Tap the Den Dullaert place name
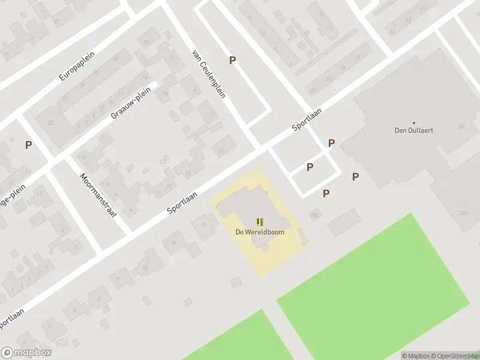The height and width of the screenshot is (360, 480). pyautogui.click(x=413, y=130)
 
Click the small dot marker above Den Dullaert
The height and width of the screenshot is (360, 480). pyautogui.click(x=413, y=122)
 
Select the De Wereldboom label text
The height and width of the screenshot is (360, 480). pyautogui.click(x=260, y=232)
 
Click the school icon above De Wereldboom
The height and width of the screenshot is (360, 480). pyautogui.click(x=260, y=222)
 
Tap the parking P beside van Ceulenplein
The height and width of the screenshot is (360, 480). pyautogui.click(x=232, y=60)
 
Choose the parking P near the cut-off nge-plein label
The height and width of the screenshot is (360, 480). pyautogui.click(x=28, y=145)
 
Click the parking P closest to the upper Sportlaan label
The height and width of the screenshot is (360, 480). pyautogui.click(x=331, y=143)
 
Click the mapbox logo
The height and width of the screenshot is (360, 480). pyautogui.click(x=26, y=353)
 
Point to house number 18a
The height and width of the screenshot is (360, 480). pyautogui.click(x=314, y=214)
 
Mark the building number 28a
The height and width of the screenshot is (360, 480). pyautogui.click(x=463, y=212)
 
